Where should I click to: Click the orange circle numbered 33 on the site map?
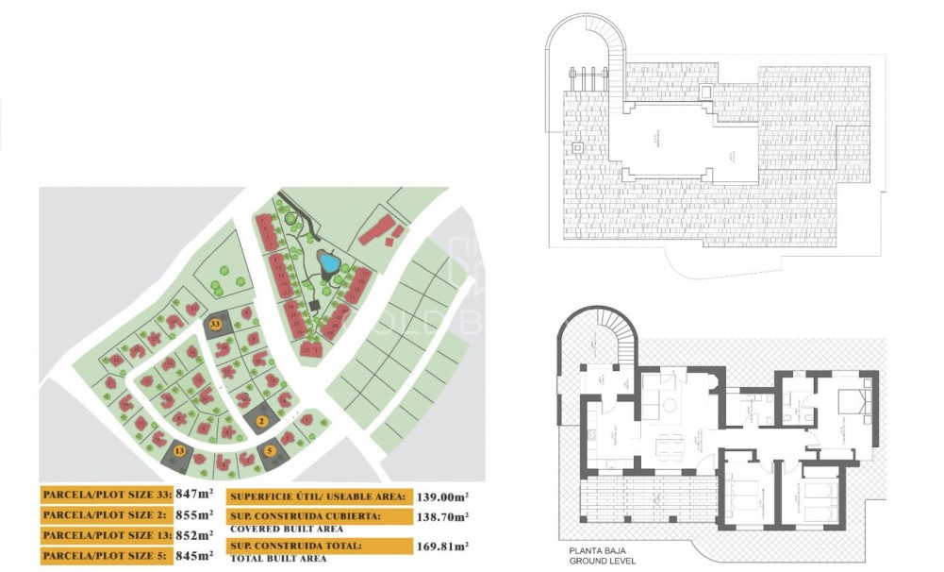point(216,324)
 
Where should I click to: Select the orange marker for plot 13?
point(180,452)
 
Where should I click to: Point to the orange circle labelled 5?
point(270,450)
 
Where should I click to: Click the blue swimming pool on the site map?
point(329,261)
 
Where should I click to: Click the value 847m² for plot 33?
point(193,494)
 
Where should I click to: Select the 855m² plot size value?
point(193,514)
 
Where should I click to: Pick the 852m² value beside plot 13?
point(193,535)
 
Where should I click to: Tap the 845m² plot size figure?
point(193,556)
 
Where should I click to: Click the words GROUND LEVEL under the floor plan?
point(603,561)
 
